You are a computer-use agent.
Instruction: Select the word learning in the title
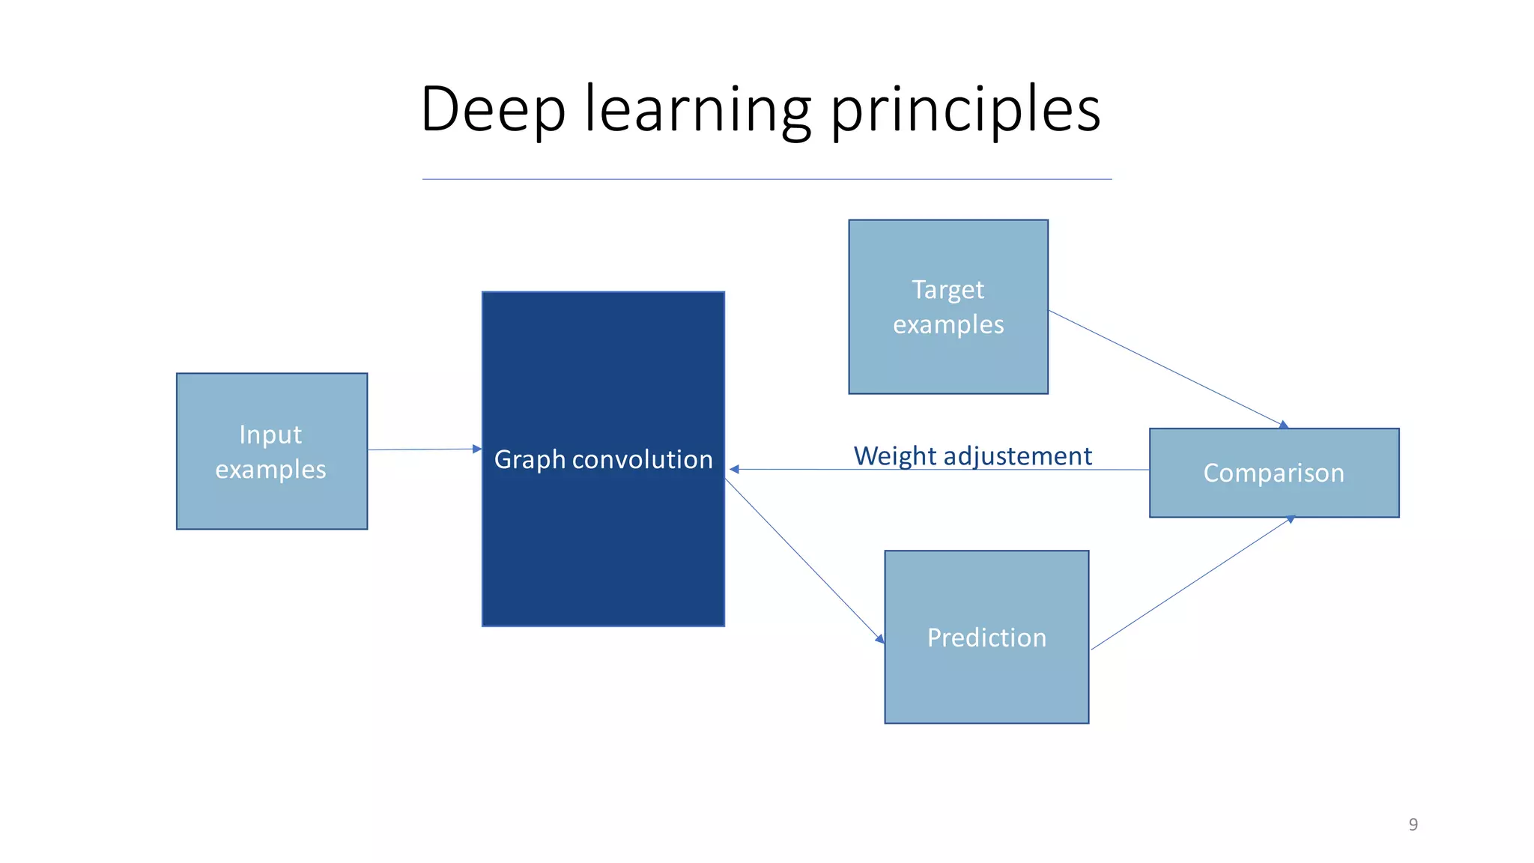click(697, 111)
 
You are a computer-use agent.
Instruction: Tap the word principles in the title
click(965, 111)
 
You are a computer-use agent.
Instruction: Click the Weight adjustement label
click(972, 455)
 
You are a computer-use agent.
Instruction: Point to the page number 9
click(1413, 824)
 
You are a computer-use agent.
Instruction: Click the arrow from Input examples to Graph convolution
click(423, 449)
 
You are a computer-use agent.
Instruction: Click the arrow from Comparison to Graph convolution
click(936, 470)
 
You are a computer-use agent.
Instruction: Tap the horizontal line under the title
click(766, 179)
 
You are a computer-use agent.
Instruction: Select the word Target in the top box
click(948, 289)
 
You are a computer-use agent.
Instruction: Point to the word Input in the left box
click(270, 434)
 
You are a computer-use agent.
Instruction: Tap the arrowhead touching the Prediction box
click(880, 639)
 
